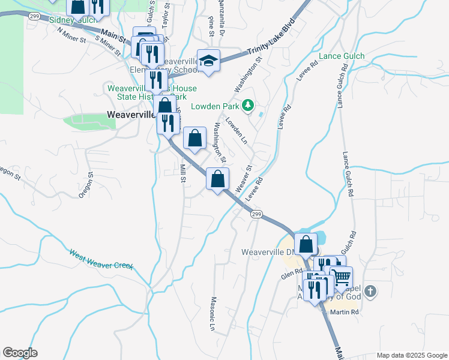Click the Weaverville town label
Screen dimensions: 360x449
pos(131,114)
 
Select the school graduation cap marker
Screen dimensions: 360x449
pos(209,61)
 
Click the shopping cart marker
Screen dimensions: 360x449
pos(341,277)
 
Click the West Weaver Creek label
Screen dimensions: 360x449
pos(101,259)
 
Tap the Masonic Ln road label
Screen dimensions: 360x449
pos(212,313)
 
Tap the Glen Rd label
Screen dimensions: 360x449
pos(292,274)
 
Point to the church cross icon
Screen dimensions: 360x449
pos(371,292)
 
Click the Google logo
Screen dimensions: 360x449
pos(20,353)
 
